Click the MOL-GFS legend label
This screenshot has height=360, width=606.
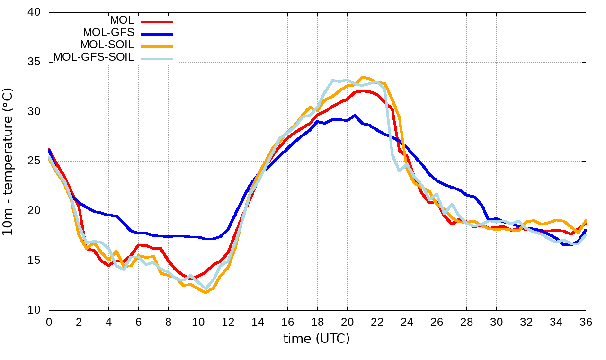108,33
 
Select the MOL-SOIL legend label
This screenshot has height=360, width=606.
107,45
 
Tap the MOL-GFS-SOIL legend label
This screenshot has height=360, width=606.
94,57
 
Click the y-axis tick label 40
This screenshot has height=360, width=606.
35,13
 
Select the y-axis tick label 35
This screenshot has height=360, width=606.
35,63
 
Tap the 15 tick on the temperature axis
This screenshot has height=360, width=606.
35,261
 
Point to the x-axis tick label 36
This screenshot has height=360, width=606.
586,322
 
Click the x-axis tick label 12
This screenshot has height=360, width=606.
228,322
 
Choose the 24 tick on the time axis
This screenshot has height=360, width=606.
407,322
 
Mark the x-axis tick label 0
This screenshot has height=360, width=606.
49,322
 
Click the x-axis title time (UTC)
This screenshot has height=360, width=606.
316,338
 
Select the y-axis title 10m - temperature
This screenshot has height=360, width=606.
10,161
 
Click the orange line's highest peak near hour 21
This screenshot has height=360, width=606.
363,77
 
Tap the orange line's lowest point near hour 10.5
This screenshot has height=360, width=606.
205,292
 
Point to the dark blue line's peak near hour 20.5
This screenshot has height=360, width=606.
355,115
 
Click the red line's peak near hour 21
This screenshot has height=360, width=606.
363,91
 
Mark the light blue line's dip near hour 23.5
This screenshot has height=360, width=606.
400,171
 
